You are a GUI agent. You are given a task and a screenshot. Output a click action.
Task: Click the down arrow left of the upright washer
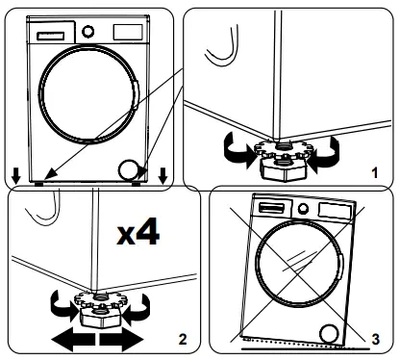click(x=16, y=174)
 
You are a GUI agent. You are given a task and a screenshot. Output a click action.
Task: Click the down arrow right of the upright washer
click(x=162, y=174)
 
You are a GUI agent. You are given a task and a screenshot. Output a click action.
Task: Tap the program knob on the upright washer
click(x=88, y=31)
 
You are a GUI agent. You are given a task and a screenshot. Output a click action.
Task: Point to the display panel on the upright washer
click(x=126, y=31)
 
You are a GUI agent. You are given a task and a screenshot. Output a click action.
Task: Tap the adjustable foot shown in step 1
click(x=280, y=159)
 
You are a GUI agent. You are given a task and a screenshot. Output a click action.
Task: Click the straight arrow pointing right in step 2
click(x=120, y=340)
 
